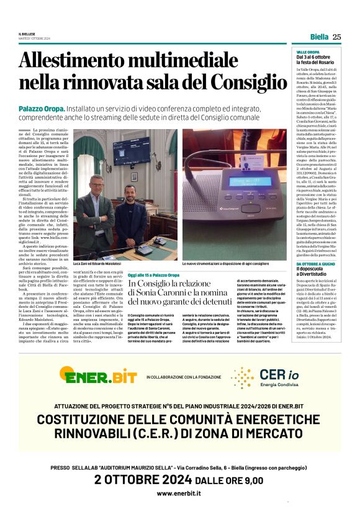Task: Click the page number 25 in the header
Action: click(336, 37)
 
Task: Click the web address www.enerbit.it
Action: click(179, 493)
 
